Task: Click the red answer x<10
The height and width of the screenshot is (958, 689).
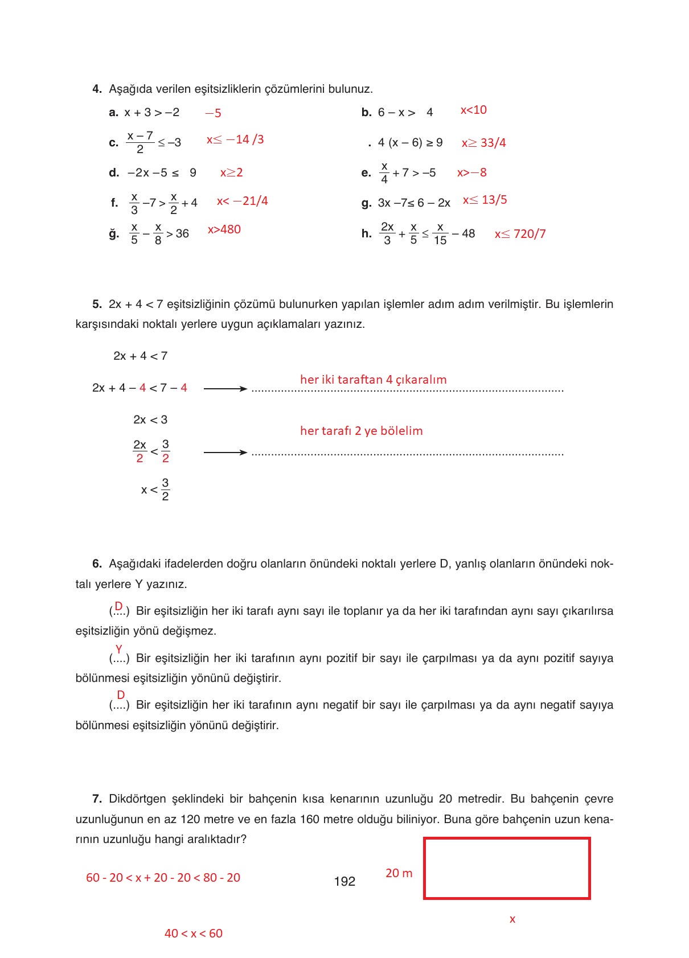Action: [473, 110]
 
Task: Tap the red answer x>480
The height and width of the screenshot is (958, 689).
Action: [224, 229]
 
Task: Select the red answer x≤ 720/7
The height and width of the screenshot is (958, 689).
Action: [520, 234]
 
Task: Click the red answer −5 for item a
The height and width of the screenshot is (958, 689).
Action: [213, 113]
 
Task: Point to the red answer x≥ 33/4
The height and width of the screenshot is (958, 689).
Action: [483, 143]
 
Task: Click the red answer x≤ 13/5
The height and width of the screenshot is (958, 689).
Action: [485, 200]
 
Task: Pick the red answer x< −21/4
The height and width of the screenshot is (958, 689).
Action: [242, 201]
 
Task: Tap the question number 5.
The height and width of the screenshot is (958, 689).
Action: [97, 304]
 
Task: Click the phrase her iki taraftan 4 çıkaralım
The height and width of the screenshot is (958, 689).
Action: [373, 380]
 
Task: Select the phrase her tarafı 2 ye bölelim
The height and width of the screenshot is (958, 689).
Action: [361, 431]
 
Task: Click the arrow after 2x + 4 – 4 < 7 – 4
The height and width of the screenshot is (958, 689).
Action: [225, 389]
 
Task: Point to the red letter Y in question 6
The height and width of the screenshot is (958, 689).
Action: [119, 649]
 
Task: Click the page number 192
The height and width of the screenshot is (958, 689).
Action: [344, 881]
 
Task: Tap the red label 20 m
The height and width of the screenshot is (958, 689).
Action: [399, 873]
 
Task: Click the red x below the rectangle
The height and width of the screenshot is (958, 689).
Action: [512, 919]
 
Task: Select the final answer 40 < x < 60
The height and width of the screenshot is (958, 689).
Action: [193, 934]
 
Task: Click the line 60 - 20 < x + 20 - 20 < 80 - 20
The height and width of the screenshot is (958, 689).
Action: [163, 878]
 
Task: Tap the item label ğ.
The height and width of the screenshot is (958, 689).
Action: [114, 233]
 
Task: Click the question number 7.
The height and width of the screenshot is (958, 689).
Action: [97, 799]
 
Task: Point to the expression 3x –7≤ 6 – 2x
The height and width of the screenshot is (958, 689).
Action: [414, 203]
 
